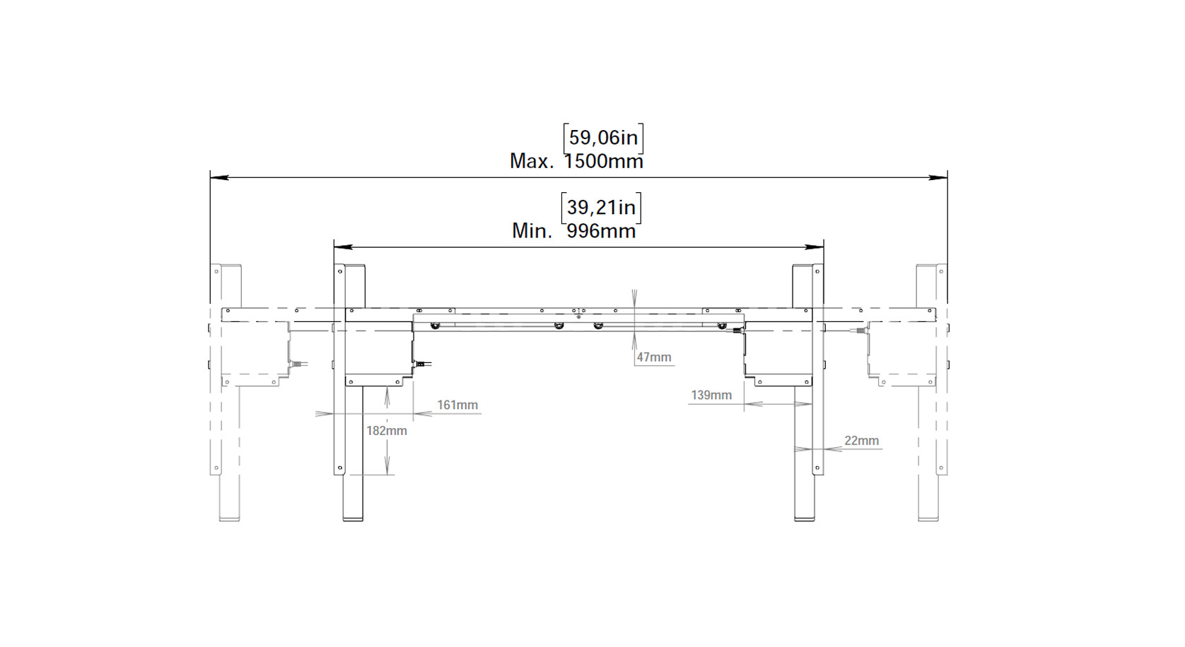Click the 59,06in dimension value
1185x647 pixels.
point(603,138)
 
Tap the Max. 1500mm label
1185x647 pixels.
point(576,161)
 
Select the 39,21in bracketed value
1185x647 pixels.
point(601,208)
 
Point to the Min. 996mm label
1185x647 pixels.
point(573,231)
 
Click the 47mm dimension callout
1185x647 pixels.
point(654,357)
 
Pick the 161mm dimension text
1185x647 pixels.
point(457,405)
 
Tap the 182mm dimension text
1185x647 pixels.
point(387,431)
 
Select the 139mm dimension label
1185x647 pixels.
point(711,395)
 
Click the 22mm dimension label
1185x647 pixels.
point(861,440)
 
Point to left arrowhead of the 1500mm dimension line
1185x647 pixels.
point(219,177)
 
